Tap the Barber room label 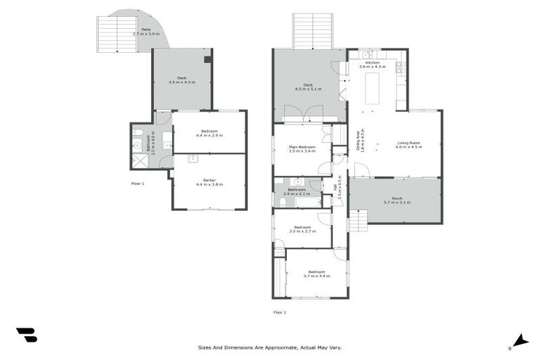(209, 180)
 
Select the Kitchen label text (369, 63)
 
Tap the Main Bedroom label (302, 146)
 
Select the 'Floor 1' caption (138, 183)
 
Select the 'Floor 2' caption (280, 311)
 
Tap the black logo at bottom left (26, 335)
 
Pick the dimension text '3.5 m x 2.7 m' (302, 231)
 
